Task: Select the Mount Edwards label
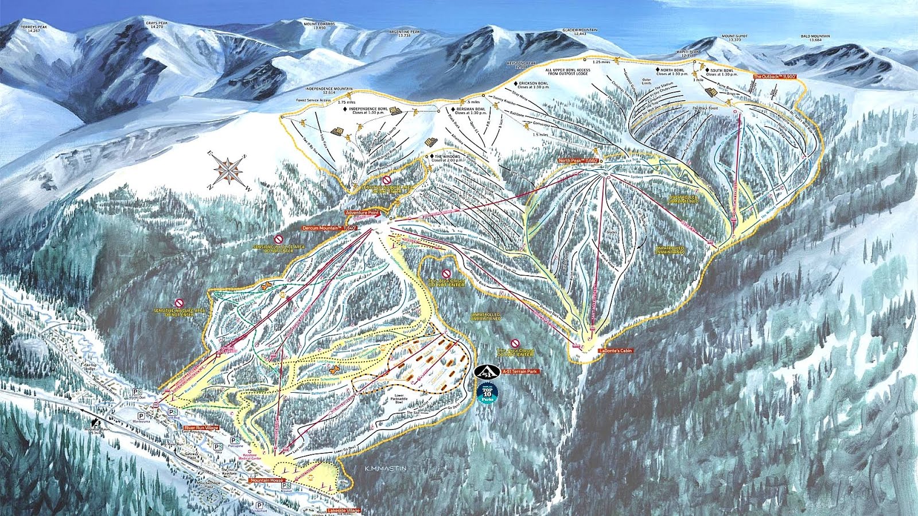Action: tap(314, 25)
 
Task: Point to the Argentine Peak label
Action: tap(404, 33)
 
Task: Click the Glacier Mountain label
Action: tap(579, 32)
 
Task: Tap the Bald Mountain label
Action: tap(815, 38)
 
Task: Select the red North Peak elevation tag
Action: tap(578, 161)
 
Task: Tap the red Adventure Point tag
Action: tap(362, 213)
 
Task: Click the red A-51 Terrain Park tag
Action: tap(520, 372)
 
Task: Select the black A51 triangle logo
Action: tap(485, 372)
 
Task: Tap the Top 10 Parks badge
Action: tap(487, 393)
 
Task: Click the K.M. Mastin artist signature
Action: tap(386, 468)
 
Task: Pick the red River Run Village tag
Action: tap(201, 428)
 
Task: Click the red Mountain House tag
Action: tap(266, 480)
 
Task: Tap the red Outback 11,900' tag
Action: tap(775, 76)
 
